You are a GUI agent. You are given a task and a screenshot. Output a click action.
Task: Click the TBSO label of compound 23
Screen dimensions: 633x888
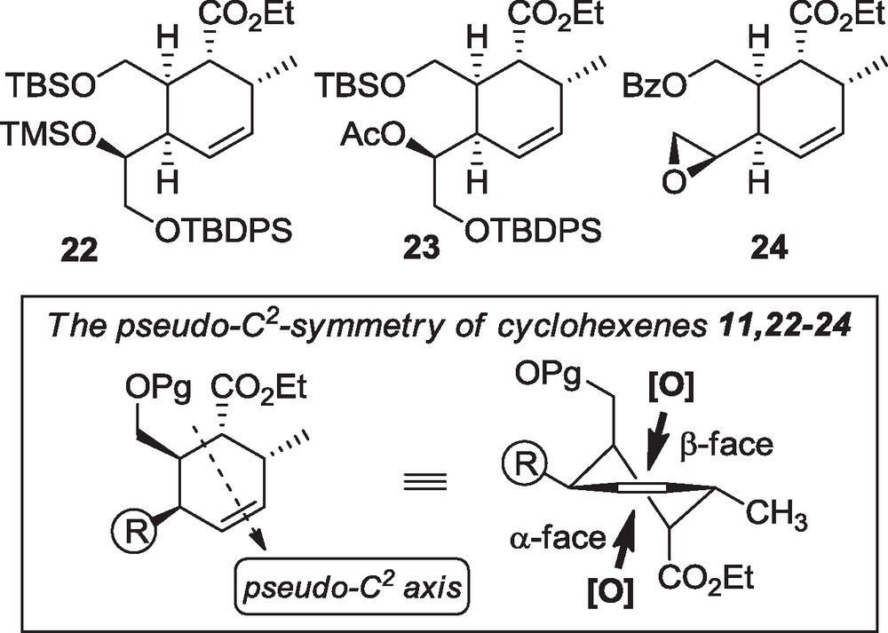click(x=360, y=87)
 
